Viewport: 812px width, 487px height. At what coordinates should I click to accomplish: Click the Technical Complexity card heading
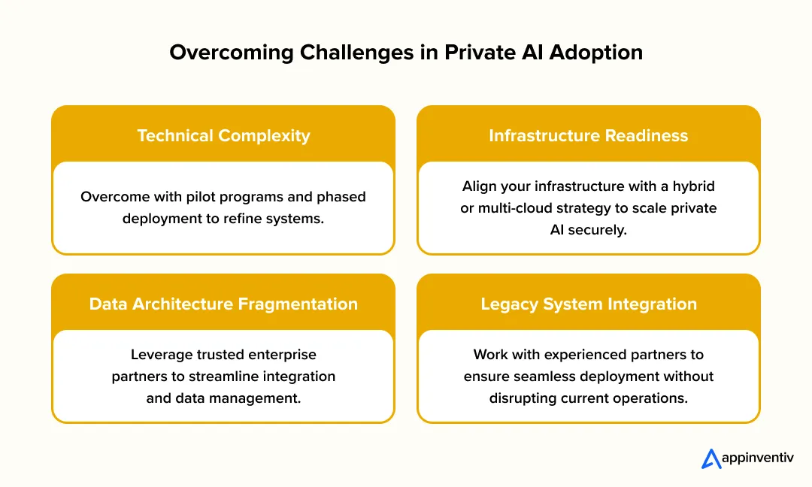click(x=223, y=136)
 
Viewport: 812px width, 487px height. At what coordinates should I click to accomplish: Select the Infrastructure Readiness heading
click(x=588, y=136)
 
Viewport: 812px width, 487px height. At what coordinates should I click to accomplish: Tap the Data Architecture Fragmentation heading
click(x=223, y=304)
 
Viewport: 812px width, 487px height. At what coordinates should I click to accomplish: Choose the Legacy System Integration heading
click(x=588, y=304)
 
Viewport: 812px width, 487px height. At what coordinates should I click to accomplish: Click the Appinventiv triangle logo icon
click(x=711, y=459)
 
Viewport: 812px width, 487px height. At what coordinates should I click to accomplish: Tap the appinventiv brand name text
click(x=756, y=459)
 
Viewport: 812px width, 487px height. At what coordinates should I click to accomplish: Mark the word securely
click(x=598, y=230)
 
